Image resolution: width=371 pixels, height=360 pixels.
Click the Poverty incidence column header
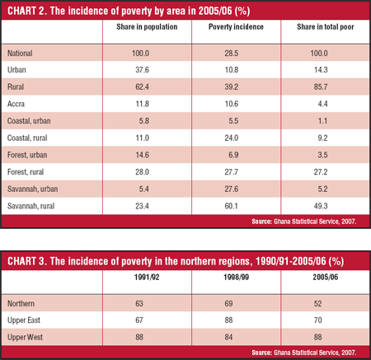(x=236, y=27)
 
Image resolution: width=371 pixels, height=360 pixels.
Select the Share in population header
(x=147, y=27)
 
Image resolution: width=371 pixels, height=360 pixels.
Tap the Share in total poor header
(x=326, y=27)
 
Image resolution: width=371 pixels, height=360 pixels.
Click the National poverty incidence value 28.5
(x=232, y=53)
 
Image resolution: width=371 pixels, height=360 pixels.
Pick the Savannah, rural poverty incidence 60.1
(x=232, y=206)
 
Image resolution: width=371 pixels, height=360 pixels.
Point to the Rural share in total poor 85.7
(x=321, y=86)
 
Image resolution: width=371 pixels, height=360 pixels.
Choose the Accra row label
(x=16, y=104)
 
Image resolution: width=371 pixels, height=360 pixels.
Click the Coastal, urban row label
(x=29, y=121)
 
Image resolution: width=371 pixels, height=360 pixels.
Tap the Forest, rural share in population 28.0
(x=142, y=172)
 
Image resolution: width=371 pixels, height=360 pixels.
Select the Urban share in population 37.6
(x=142, y=70)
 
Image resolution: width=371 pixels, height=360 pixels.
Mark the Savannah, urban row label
(x=32, y=189)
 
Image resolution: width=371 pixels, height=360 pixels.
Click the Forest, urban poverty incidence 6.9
(x=233, y=155)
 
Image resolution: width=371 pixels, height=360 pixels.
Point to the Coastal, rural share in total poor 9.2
(x=322, y=138)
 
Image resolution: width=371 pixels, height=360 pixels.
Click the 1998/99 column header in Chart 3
(x=236, y=277)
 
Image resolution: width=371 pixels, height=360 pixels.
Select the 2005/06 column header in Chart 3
(x=326, y=277)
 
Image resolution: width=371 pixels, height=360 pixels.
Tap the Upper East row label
(x=24, y=320)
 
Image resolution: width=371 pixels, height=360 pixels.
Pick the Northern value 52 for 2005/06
(x=318, y=303)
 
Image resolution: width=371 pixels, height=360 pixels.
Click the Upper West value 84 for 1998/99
(x=228, y=337)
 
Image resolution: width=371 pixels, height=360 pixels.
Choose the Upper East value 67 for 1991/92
(x=139, y=320)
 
